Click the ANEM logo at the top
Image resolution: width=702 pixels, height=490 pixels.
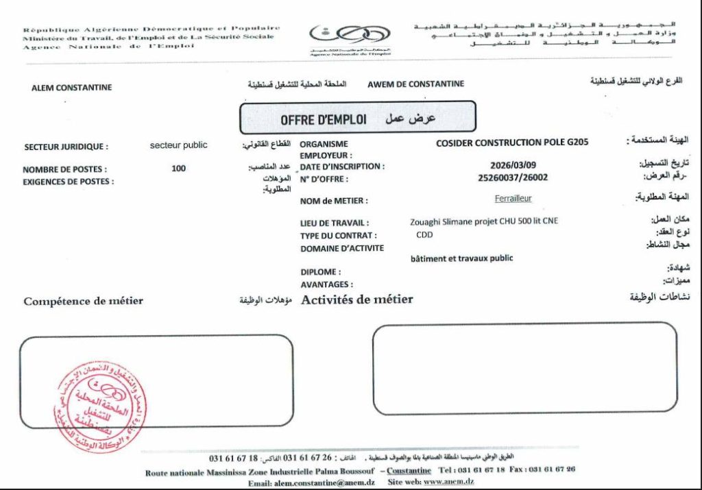[350, 34]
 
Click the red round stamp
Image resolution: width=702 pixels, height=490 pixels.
[100, 408]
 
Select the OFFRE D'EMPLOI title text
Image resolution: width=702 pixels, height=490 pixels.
[323, 120]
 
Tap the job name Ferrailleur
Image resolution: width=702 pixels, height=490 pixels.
[513, 199]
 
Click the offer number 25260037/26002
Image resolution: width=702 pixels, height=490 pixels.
[513, 177]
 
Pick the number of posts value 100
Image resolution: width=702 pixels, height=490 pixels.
[178, 168]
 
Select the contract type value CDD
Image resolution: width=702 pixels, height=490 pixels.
[424, 235]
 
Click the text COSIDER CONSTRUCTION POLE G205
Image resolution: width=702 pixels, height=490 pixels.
[512, 143]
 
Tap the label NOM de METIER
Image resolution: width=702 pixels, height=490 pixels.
[334, 201]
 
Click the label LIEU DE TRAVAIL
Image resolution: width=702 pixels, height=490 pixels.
[335, 223]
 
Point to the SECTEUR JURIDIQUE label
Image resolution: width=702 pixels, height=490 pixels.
[66, 147]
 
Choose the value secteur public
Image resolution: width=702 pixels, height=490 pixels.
[178, 145]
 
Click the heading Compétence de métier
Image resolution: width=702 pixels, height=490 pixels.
[84, 301]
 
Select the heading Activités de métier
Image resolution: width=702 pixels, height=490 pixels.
[357, 299]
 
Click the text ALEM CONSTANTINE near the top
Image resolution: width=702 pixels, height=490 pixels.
[72, 88]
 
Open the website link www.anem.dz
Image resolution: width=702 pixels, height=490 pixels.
[449, 482]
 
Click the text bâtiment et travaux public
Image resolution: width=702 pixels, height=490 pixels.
[461, 258]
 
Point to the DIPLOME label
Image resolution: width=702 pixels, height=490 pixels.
[320, 272]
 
